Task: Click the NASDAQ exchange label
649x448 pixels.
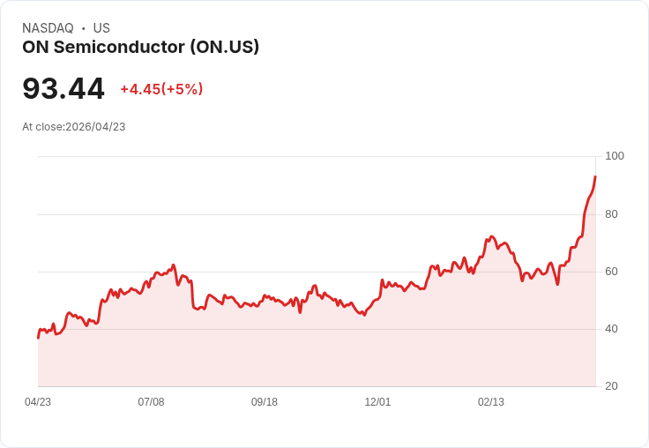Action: (x=48, y=28)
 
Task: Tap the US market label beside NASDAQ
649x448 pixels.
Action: (x=101, y=28)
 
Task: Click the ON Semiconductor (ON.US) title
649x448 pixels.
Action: (x=140, y=47)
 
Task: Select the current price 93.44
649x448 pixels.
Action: (x=63, y=88)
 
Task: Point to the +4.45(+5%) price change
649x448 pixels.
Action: (x=161, y=89)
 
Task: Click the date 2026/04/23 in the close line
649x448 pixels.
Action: (x=95, y=127)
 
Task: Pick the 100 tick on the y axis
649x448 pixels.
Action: (x=614, y=156)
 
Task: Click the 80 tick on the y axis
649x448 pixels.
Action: (x=611, y=214)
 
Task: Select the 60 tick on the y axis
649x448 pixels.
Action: (x=611, y=272)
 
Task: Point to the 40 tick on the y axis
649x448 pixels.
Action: (x=611, y=329)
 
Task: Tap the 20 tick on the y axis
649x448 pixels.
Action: (x=611, y=386)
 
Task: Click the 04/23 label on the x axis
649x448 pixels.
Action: (x=38, y=402)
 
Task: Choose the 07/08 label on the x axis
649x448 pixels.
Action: (x=151, y=402)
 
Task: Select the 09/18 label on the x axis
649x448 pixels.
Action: (x=265, y=402)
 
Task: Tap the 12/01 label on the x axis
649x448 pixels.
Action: (x=377, y=402)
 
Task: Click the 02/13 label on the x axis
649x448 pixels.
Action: (x=491, y=402)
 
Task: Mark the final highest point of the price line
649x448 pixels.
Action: (x=595, y=176)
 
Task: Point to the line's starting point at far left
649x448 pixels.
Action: (x=38, y=337)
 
